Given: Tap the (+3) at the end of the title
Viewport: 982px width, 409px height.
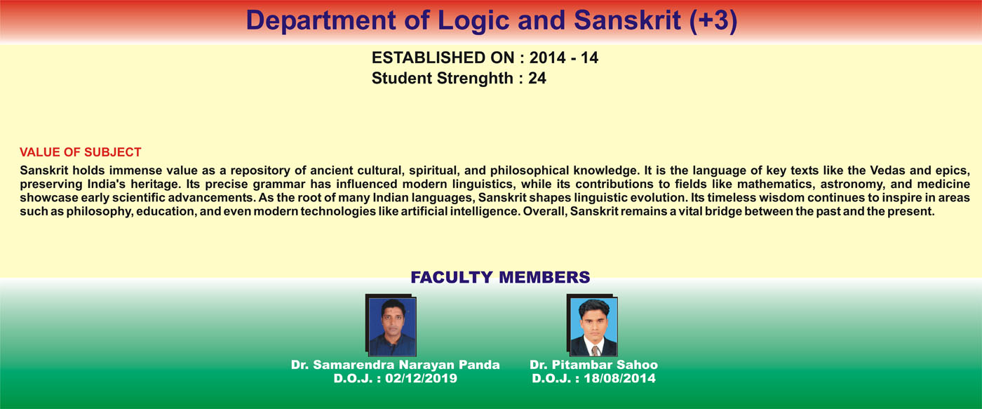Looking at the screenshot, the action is tap(713, 20).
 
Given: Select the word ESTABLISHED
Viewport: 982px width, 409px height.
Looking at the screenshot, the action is tap(443, 58).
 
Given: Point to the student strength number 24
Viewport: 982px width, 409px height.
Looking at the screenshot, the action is tap(537, 79).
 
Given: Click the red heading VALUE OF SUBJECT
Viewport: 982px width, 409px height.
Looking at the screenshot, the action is tap(80, 152).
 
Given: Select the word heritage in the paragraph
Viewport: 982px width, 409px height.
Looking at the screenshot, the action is tap(156, 185).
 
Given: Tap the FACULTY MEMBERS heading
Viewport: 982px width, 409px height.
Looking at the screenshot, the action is tap(500, 277).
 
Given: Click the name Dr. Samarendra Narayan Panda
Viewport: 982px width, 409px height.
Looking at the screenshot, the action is tap(396, 365).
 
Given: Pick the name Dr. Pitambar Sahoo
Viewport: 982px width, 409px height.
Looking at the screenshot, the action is tap(593, 365).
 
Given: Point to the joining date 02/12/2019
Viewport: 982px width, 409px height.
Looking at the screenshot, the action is tap(422, 378).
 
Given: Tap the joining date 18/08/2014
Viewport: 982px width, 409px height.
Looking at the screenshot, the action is tap(620, 378).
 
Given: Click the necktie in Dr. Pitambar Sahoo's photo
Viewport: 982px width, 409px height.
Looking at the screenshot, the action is tap(595, 351).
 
